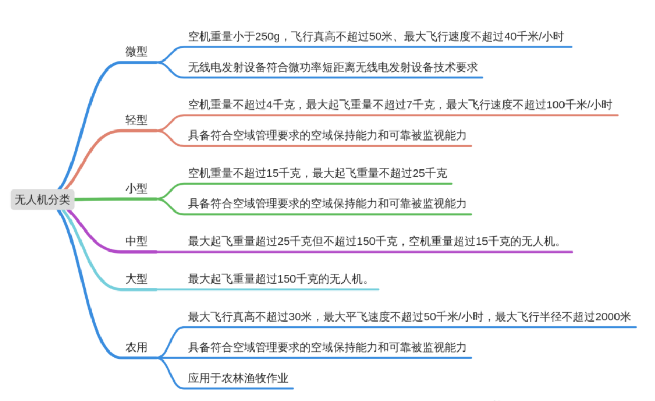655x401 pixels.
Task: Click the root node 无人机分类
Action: pos(43,199)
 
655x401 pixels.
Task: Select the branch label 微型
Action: pos(136,52)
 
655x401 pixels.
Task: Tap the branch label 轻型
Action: pos(136,120)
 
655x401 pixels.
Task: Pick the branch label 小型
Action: pos(136,188)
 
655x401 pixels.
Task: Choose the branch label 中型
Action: pos(136,241)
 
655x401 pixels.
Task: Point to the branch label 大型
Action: pos(136,279)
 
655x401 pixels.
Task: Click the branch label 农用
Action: pos(136,347)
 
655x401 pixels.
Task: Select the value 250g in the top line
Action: pos(267,36)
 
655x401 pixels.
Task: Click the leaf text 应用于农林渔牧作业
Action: pos(238,378)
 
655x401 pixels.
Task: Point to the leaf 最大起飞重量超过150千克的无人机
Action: pos(278,279)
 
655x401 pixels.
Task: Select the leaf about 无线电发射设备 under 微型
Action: pos(333,67)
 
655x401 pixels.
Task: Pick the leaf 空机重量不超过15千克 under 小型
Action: pos(245,173)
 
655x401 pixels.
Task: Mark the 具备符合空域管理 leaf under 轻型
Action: pos(327,135)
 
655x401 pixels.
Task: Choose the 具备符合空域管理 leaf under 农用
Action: pos(327,347)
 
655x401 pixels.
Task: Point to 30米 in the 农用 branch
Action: pos(300,317)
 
